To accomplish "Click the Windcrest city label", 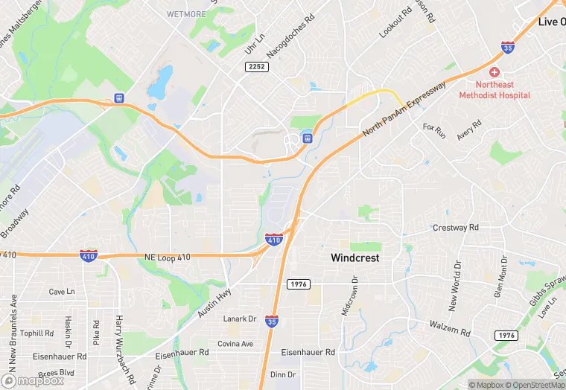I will [x=355, y=258].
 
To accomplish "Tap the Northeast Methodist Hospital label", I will [x=495, y=90].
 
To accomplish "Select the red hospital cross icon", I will [x=494, y=72].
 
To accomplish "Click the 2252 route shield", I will [x=256, y=67].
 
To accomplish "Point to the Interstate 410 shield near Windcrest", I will [x=273, y=240].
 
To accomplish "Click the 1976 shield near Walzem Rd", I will [x=506, y=336].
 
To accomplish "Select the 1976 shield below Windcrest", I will [x=297, y=284].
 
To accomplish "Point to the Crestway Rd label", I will [x=456, y=228].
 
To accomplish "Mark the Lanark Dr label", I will [x=240, y=319].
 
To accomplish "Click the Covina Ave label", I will [x=235, y=344].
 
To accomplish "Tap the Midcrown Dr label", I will [x=350, y=295].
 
